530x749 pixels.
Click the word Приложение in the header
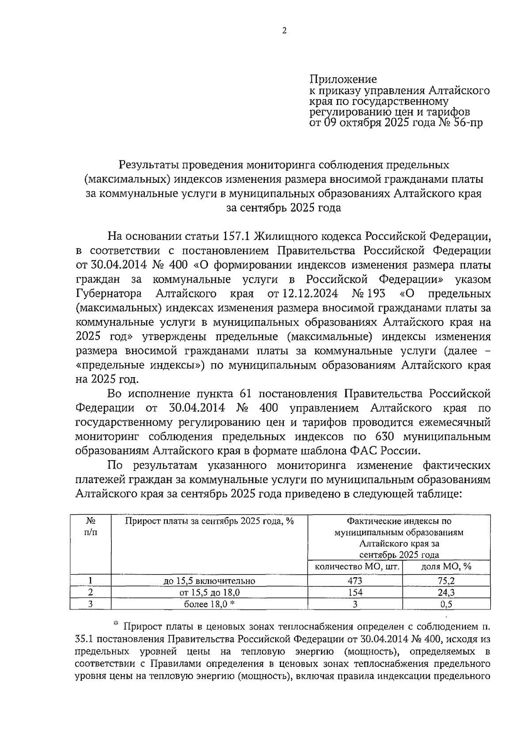(x=343, y=79)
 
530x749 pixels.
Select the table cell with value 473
(x=355, y=581)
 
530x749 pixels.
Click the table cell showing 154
(x=355, y=592)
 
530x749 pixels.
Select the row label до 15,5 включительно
(x=209, y=581)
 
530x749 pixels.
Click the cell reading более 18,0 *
(x=209, y=604)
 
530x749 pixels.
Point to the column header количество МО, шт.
(x=355, y=567)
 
